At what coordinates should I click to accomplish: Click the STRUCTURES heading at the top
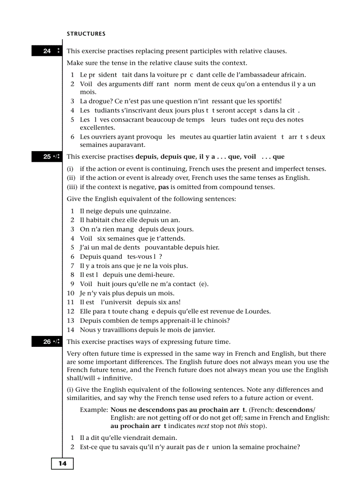(86, 34)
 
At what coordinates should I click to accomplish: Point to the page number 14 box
(62, 464)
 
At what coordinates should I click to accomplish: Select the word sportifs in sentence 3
(268, 101)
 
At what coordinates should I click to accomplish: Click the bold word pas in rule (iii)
(164, 187)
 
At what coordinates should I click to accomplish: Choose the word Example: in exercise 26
(94, 410)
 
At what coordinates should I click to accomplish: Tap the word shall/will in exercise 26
(82, 378)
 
